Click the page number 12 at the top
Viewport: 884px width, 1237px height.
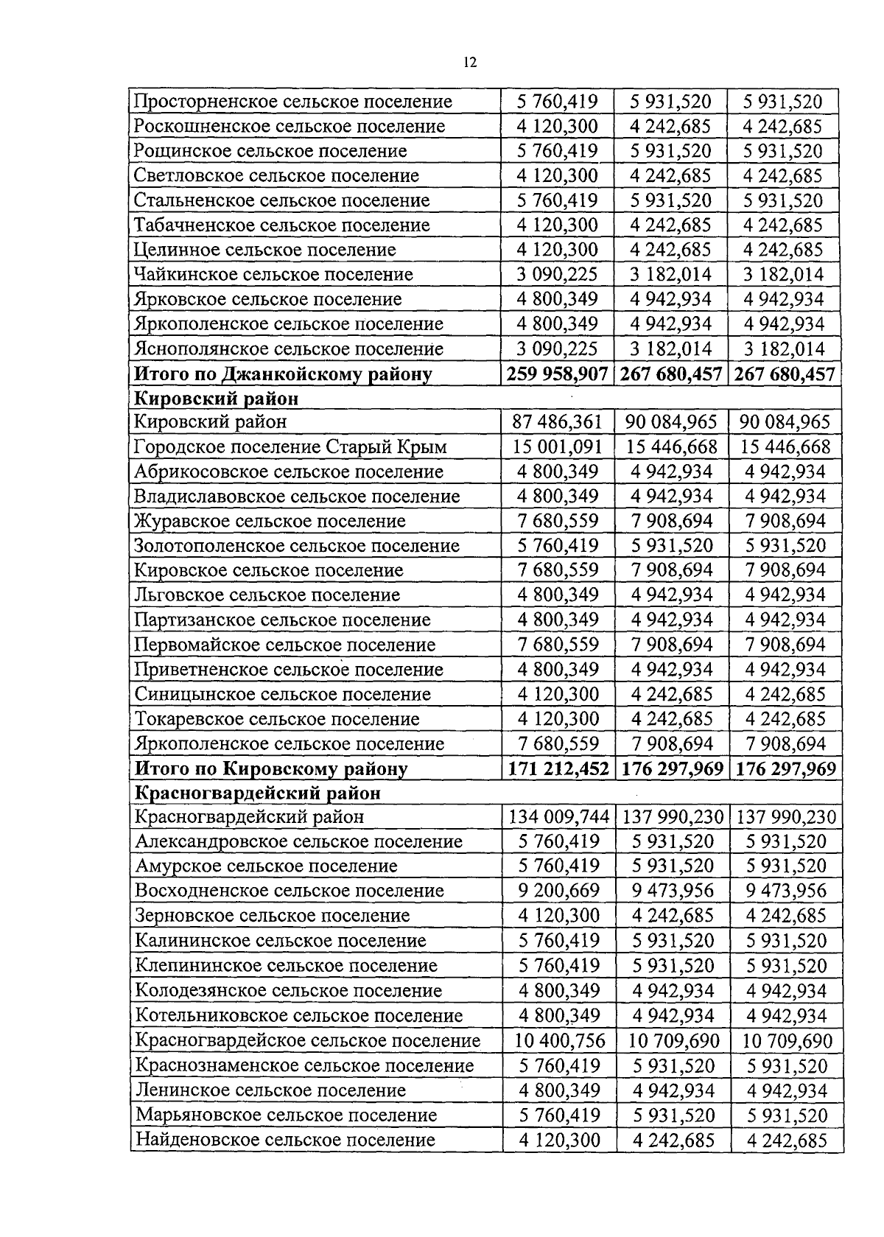click(x=470, y=63)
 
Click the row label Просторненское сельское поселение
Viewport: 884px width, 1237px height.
click(x=292, y=102)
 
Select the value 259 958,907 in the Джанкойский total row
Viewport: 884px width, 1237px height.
click(x=558, y=374)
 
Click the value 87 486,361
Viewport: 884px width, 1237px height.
click(x=558, y=422)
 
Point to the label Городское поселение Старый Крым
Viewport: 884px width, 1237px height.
click(x=290, y=447)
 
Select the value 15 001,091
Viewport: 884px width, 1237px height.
click(x=558, y=447)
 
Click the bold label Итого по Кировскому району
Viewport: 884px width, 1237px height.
click(x=270, y=769)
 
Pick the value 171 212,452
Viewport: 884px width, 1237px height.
click(x=558, y=769)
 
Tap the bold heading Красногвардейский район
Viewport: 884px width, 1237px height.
click(x=257, y=793)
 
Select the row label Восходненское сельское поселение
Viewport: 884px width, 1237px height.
click(x=290, y=891)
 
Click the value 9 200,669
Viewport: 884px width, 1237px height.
click(x=558, y=891)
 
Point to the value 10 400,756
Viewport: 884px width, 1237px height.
click(x=558, y=1041)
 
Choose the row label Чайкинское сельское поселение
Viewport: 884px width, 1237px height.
click(x=273, y=275)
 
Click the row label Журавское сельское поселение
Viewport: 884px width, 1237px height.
click(x=270, y=522)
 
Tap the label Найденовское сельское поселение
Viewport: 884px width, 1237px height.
click(x=285, y=1140)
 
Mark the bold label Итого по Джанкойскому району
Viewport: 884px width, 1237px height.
click(x=282, y=374)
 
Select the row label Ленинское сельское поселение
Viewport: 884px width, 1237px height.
click(x=270, y=1090)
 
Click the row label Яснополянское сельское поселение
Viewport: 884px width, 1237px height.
click(x=289, y=348)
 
